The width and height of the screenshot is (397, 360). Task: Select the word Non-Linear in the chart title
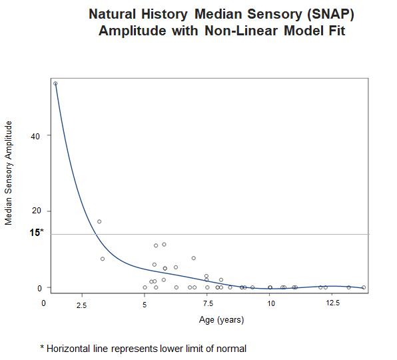(241, 31)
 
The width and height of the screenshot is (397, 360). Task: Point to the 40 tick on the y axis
(35, 136)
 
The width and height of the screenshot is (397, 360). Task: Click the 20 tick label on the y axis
(37, 211)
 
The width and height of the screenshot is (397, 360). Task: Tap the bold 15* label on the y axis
(37, 232)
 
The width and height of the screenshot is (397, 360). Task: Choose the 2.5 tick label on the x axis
(81, 305)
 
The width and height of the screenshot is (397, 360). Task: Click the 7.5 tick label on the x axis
(208, 303)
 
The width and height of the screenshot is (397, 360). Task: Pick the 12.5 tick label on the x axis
(332, 303)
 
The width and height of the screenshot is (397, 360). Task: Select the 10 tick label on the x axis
(271, 303)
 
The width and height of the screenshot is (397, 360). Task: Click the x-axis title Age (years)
(222, 320)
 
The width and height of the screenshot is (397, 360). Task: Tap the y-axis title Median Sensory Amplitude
(9, 173)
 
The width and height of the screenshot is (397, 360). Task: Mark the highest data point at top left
(55, 83)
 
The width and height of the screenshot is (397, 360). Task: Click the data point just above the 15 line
(99, 221)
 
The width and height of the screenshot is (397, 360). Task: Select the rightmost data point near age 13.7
(364, 287)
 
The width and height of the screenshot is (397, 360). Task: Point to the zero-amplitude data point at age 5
(145, 287)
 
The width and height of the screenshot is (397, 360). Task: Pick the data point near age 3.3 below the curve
(103, 259)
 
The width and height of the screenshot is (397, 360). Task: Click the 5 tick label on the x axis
(145, 304)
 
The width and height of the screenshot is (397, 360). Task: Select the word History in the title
(165, 14)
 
